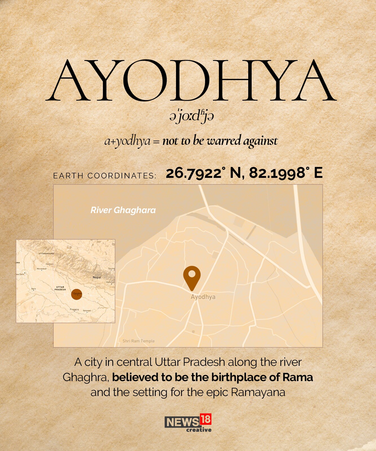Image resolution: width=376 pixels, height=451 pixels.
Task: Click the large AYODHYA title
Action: pos(191,81)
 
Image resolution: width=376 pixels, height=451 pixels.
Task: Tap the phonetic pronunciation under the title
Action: pos(192,116)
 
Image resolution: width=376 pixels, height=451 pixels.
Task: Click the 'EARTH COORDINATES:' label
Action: pos(105,176)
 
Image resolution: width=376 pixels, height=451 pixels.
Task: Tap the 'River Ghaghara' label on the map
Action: pos(123,210)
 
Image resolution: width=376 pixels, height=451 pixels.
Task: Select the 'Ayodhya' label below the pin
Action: pos(203,297)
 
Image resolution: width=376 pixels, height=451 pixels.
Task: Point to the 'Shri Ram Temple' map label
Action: pos(138,341)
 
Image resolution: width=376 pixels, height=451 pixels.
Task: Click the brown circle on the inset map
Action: pos(76,294)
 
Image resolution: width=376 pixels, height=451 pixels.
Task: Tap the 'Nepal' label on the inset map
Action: pos(97,277)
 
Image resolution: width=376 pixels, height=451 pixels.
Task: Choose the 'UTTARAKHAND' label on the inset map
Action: pos(46,254)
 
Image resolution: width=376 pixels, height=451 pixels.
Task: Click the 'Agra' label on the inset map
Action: pos(34,289)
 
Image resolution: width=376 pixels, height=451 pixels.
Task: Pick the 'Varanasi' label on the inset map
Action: pos(87,311)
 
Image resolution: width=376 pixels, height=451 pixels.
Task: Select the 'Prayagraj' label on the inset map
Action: pos(74,309)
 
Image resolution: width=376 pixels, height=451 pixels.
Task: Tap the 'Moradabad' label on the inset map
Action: pos(42,269)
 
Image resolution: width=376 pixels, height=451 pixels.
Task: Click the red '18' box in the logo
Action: pos(206,419)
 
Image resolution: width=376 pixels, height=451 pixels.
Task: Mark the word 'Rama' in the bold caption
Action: pos(298,377)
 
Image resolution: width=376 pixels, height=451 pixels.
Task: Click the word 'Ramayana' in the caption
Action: pos(258,392)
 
